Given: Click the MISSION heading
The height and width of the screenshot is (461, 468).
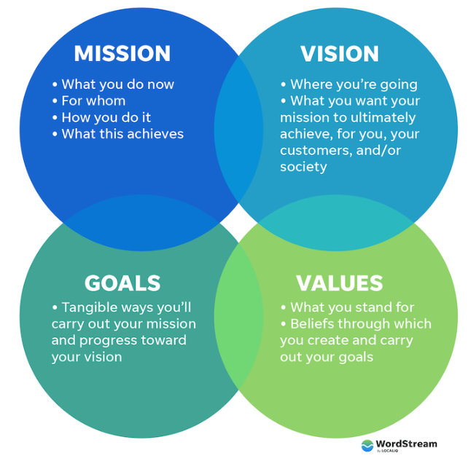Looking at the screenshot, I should [x=122, y=53].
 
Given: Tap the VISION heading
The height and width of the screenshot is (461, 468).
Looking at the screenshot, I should [x=340, y=53].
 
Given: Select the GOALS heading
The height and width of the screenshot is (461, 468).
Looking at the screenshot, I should [x=122, y=283].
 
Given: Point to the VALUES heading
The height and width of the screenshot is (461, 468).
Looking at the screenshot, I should [x=339, y=283].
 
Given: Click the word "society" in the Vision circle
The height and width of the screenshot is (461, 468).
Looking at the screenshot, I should [x=303, y=167].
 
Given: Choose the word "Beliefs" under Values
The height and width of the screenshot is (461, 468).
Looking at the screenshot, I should [x=316, y=323].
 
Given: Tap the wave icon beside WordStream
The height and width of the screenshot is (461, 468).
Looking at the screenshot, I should [x=368, y=445].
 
